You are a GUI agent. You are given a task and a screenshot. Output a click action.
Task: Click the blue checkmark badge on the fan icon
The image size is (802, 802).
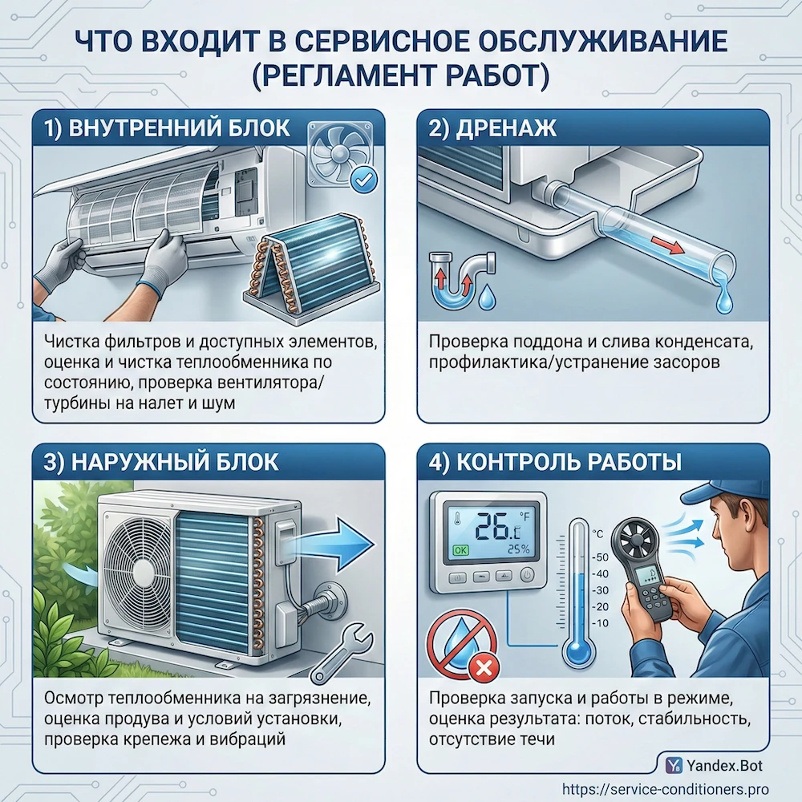point(365,181)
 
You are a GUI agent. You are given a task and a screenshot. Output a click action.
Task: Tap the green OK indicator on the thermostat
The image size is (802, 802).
point(460,551)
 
